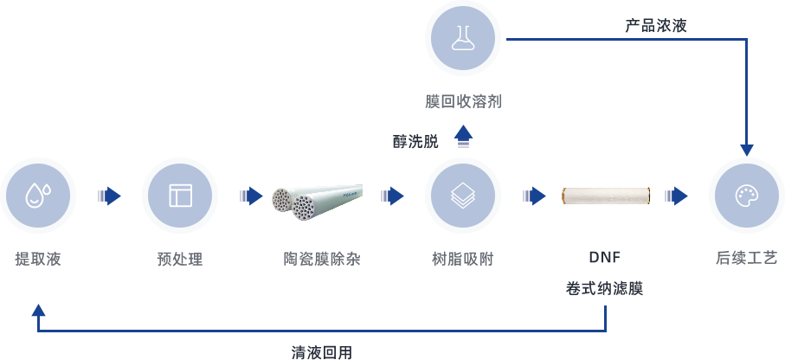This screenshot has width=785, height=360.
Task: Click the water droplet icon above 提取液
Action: (38, 196)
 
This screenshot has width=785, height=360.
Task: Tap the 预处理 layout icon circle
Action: (180, 196)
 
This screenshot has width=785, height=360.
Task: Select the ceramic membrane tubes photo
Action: (317, 202)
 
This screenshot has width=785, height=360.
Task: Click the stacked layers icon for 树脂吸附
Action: (463, 196)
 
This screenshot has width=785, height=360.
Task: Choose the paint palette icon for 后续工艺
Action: (745, 196)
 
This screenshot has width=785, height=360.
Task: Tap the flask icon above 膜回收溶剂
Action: (463, 38)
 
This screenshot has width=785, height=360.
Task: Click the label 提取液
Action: (38, 259)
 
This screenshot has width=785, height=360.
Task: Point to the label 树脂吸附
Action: (463, 259)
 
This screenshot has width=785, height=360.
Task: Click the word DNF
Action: (604, 258)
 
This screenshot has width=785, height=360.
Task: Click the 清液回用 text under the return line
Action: (322, 352)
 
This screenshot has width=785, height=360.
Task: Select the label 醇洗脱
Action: (415, 141)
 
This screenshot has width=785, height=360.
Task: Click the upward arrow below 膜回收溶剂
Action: (464, 135)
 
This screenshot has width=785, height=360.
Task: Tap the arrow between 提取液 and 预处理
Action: (109, 196)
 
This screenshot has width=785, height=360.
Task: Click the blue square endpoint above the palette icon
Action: (746, 150)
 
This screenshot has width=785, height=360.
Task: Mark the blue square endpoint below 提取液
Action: (38, 309)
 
